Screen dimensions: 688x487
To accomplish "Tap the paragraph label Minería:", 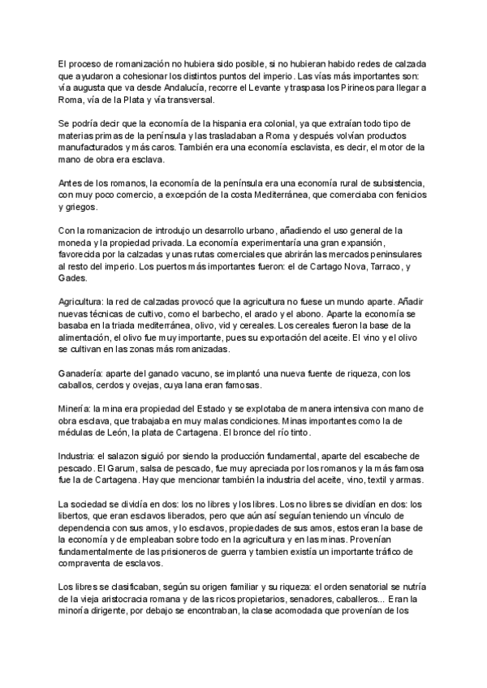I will click(78, 410).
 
